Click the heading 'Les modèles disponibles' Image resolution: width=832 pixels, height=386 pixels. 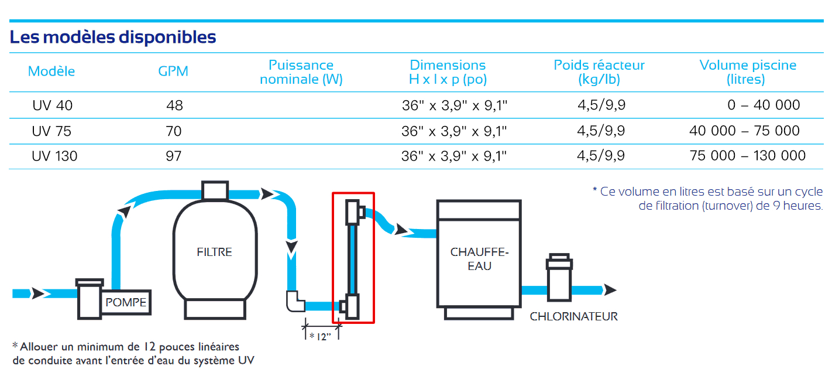coord(113,37)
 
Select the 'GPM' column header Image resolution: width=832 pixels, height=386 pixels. coord(173,71)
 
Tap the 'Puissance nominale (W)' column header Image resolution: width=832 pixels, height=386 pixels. coord(301,72)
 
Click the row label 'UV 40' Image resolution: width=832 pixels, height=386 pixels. coord(53,105)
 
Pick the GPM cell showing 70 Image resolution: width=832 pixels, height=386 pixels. coord(174,131)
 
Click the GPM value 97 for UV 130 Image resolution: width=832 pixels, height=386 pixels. coord(174,156)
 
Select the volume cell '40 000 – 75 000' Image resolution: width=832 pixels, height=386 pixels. coord(744,131)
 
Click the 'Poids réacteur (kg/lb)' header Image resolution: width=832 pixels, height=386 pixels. coord(599,72)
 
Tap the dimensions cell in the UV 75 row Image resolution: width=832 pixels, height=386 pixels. coord(454,131)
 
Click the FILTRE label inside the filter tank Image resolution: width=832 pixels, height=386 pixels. coord(214,252)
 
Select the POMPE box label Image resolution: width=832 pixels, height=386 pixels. coord(126,303)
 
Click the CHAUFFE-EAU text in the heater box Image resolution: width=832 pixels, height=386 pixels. coord(479,259)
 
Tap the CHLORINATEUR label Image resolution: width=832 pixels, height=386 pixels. coord(573,317)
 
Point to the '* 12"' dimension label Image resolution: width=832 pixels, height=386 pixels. coord(320,336)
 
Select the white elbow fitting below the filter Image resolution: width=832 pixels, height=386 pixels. coord(295,302)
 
